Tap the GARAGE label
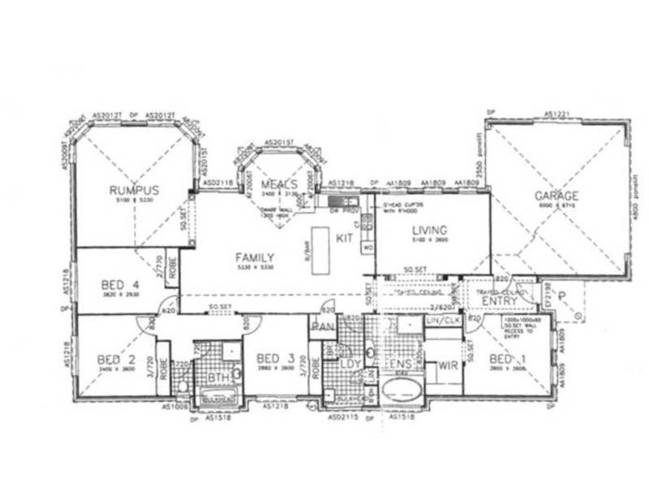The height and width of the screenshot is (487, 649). [557, 196]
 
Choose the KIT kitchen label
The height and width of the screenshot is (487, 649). [344, 237]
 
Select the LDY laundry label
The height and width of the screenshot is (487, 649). [349, 362]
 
